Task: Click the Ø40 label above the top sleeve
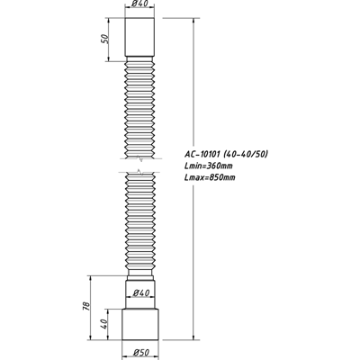(140, 6)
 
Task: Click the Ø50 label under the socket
(140, 350)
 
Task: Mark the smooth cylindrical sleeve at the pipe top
(139, 39)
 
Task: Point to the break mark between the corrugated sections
(139, 171)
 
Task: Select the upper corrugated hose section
(139, 112)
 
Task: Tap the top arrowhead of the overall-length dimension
(193, 18)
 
